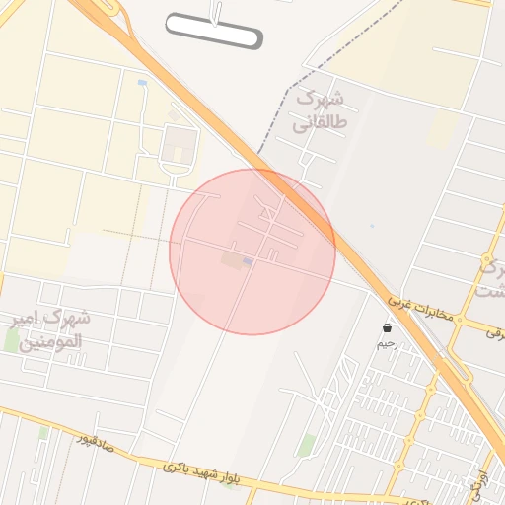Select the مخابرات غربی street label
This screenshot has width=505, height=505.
(x=420, y=311)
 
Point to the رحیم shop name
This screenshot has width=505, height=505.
(x=388, y=344)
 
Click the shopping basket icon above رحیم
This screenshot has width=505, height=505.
(x=387, y=327)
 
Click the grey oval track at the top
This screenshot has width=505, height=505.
(x=214, y=32)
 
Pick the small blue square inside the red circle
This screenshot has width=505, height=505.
(x=247, y=261)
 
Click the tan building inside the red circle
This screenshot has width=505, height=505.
(x=232, y=260)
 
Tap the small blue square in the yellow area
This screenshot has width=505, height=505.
(x=143, y=82)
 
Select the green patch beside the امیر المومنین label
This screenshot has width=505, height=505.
(x=12, y=340)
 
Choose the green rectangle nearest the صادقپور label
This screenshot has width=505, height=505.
(x=42, y=433)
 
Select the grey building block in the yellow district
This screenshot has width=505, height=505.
(x=179, y=147)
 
